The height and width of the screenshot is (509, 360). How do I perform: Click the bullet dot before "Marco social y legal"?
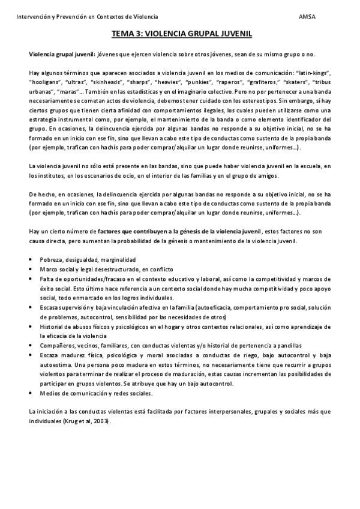coord(31,270)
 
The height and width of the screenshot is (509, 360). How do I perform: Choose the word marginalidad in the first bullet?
coord(116,259)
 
